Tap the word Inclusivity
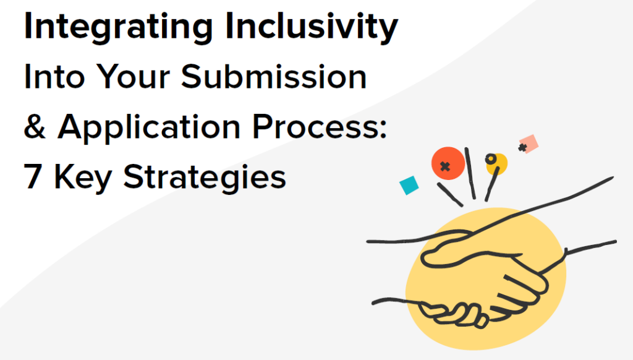pyautogui.click(x=312, y=27)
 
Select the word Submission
pyautogui.click(x=274, y=76)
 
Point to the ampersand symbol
pyautogui.click(x=35, y=126)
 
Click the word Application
pyautogui.click(x=149, y=128)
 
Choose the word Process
pyautogui.click(x=315, y=126)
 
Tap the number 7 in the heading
pyautogui.click(x=33, y=176)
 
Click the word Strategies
pyautogui.click(x=205, y=178)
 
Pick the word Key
pyautogui.click(x=83, y=178)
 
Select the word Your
pyautogui.click(x=133, y=76)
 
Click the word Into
pyautogui.click(x=54, y=76)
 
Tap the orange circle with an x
pyautogui.click(x=448, y=163)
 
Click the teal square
pyautogui.click(x=409, y=186)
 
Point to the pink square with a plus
pyautogui.click(x=529, y=144)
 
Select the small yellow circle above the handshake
pyautogui.click(x=496, y=164)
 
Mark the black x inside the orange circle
pyautogui.click(x=445, y=166)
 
